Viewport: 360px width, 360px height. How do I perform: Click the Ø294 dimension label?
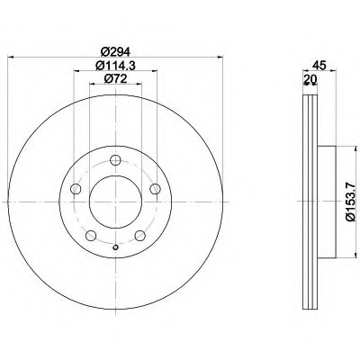click(115, 52)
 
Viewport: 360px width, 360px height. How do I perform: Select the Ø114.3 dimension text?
click(115, 66)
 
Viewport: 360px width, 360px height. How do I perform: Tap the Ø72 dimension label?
click(115, 78)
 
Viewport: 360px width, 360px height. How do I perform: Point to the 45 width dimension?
click(319, 66)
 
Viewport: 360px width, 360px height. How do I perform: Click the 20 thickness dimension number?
click(310, 78)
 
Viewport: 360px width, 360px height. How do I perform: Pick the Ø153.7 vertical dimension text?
click(350, 202)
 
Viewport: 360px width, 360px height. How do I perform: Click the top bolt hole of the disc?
click(115, 160)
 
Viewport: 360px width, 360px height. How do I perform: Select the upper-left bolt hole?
click(76, 189)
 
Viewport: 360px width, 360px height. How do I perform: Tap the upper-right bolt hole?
click(155, 189)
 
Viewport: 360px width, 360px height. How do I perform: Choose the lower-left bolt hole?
click(91, 236)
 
